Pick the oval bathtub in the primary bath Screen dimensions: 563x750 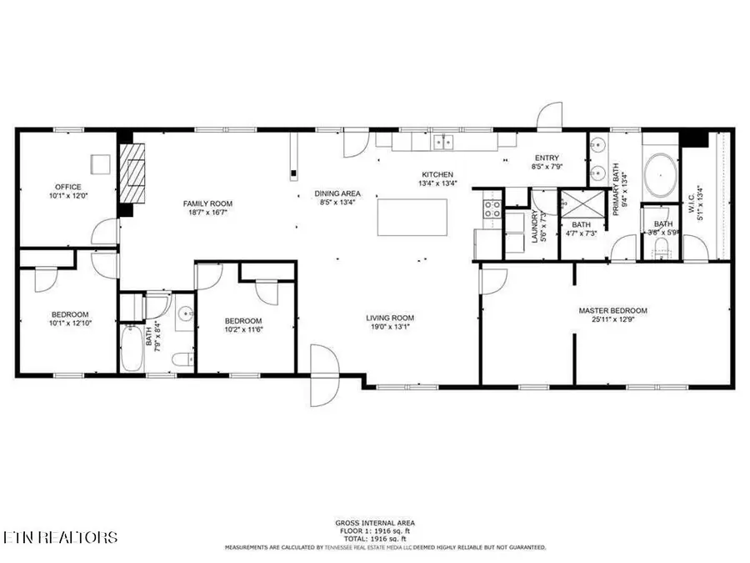(x=661, y=174)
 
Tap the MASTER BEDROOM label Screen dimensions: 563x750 (x=612, y=311)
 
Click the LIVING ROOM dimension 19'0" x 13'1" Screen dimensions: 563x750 (x=390, y=327)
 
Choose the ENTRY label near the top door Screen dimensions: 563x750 (x=547, y=158)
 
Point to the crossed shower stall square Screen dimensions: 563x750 (x=575, y=204)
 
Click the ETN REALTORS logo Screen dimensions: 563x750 (x=59, y=537)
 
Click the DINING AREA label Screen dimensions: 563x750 (x=337, y=194)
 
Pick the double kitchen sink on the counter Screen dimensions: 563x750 (x=442, y=142)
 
